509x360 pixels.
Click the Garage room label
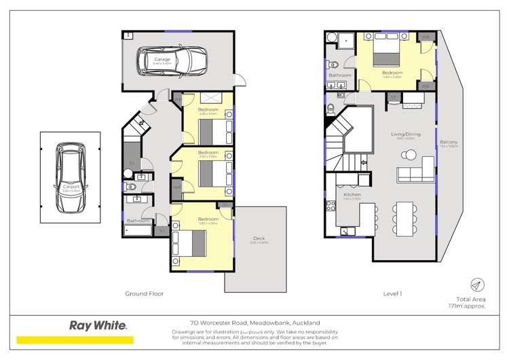point(162,59)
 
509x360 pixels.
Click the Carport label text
point(71,186)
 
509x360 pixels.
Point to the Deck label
point(259,238)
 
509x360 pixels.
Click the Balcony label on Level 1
point(449,141)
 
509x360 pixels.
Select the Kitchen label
point(352,195)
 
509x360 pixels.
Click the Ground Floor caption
point(144,293)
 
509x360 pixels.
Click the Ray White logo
point(98,325)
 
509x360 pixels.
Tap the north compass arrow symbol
point(477,285)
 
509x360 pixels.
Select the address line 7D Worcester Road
point(254,323)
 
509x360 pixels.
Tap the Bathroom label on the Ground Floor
point(137,221)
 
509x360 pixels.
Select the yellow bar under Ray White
point(75,340)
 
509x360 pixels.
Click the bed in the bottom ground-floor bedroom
point(190,241)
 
